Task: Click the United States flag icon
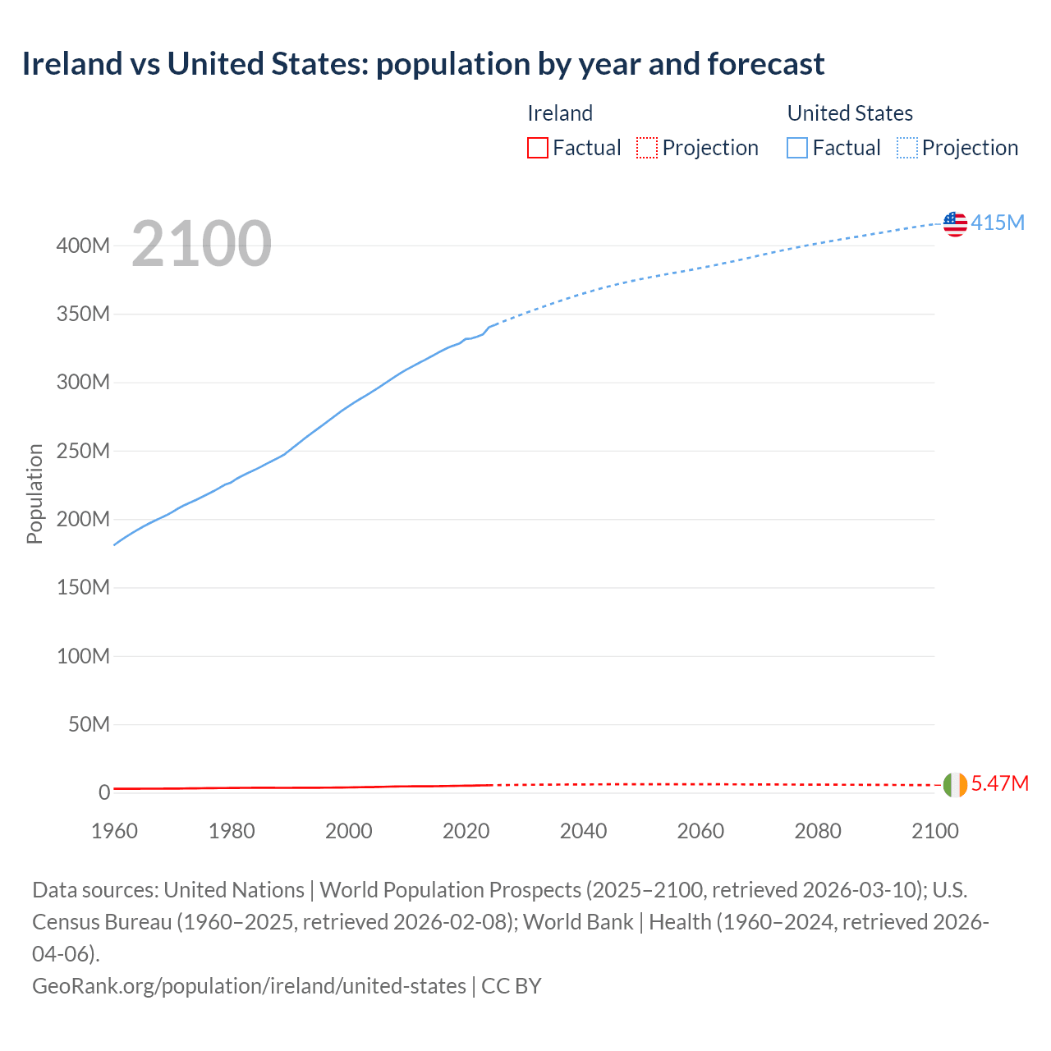click(x=955, y=223)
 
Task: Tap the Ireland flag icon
click(x=955, y=784)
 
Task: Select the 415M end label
click(x=998, y=223)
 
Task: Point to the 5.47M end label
click(x=999, y=783)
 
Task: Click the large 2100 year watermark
click(x=201, y=244)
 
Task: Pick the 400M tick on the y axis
click(x=83, y=246)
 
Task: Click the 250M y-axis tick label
click(x=83, y=451)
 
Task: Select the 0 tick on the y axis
click(x=104, y=792)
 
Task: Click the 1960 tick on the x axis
click(x=114, y=831)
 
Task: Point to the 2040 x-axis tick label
click(x=583, y=831)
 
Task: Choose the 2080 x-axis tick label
click(x=818, y=831)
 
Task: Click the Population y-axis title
click(x=34, y=493)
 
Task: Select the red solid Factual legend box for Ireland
click(x=538, y=148)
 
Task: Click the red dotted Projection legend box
click(x=647, y=148)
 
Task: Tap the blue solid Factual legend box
click(x=797, y=148)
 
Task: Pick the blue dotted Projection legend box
click(x=907, y=148)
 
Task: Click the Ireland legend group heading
click(x=560, y=113)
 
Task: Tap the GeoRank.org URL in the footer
click(x=249, y=985)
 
